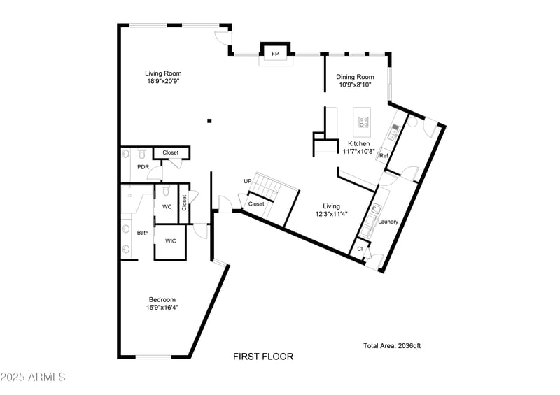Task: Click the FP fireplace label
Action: [275, 54]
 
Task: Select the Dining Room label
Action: [355, 77]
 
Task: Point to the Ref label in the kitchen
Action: [384, 155]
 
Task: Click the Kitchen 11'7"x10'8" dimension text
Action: [358, 151]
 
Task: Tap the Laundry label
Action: [388, 222]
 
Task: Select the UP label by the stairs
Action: [247, 181]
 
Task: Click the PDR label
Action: [143, 167]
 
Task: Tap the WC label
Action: [167, 207]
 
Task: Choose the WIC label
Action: [170, 241]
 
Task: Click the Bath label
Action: [143, 233]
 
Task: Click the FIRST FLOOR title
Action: [263, 357]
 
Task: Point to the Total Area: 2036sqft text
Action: [391, 345]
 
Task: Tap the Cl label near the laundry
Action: [360, 248]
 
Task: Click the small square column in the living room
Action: [209, 121]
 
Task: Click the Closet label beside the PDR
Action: [171, 152]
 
